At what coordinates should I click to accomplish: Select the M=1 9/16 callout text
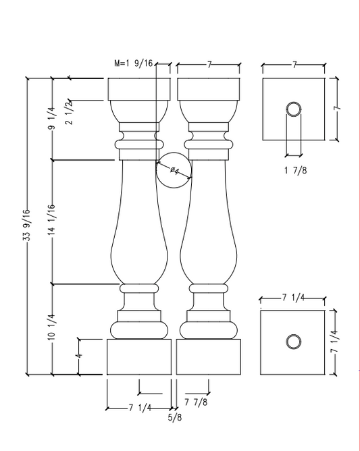134,63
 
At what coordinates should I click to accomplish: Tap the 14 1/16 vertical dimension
52,221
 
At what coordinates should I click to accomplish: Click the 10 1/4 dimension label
52,328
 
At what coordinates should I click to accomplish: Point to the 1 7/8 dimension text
294,169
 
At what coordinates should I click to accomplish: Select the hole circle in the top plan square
294,109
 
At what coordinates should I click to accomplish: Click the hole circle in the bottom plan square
293,342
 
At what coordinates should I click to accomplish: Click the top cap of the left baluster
139,89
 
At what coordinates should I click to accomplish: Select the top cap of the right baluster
207,89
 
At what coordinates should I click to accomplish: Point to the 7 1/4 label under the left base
139,407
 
